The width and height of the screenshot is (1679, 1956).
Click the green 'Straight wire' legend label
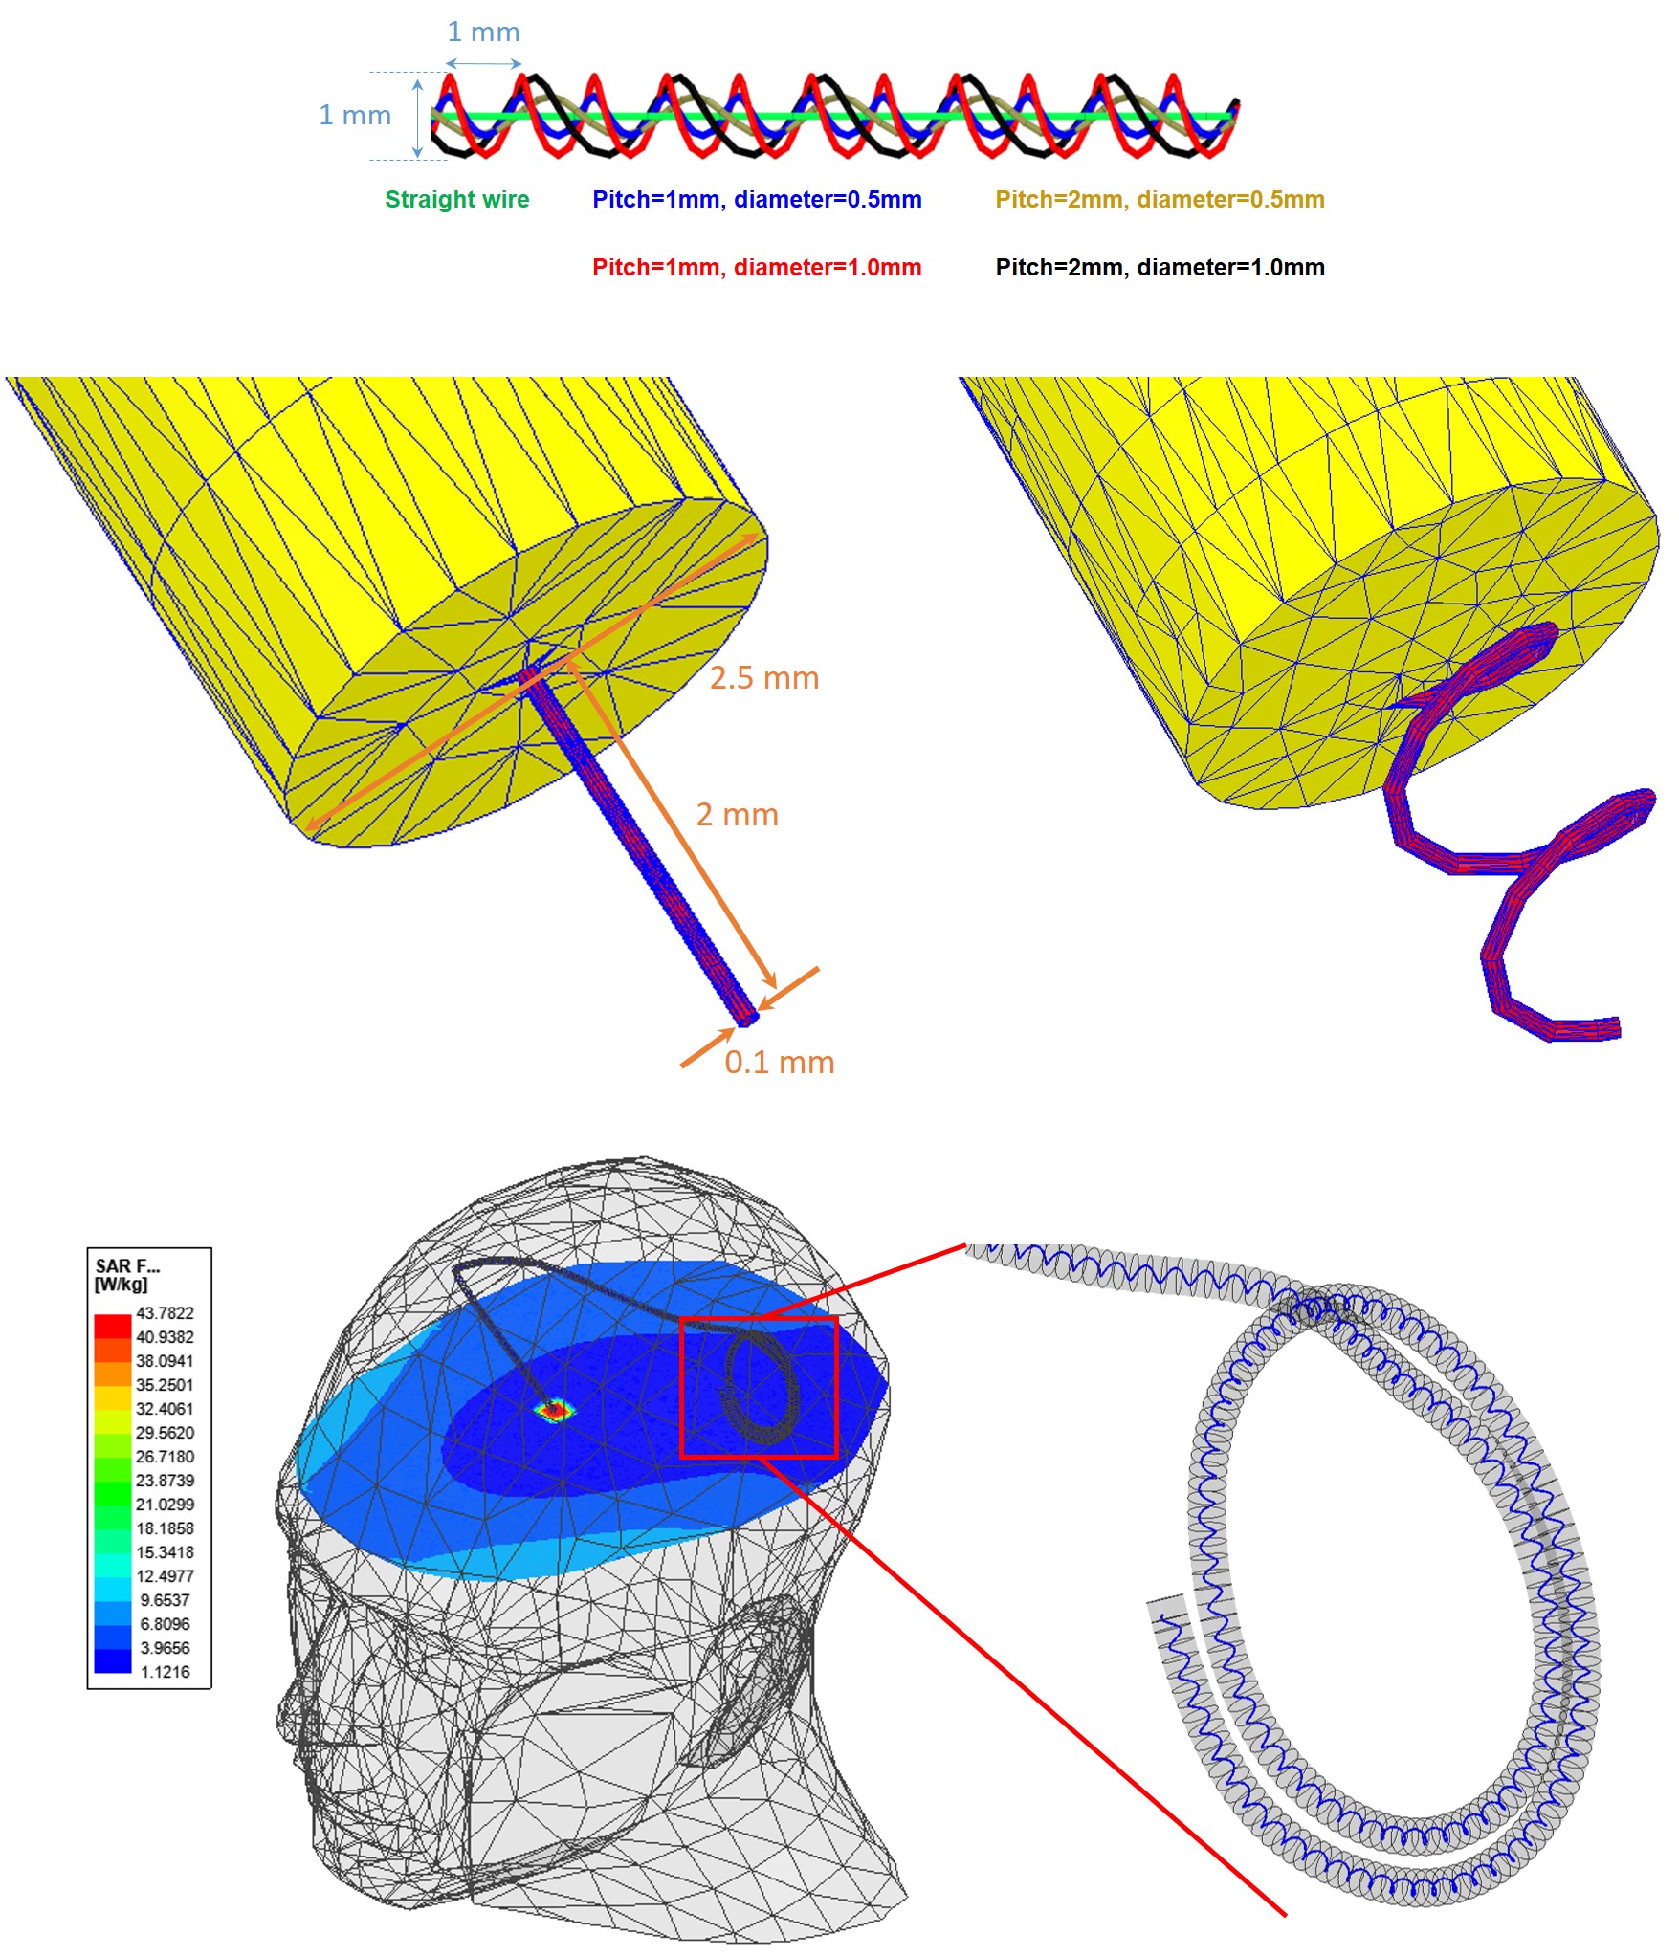[x=456, y=200]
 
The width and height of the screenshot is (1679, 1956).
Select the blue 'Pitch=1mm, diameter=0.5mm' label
[x=756, y=200]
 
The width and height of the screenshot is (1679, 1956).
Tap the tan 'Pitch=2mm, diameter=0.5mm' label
[x=1160, y=200]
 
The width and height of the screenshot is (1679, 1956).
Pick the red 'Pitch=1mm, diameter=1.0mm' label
[x=756, y=268]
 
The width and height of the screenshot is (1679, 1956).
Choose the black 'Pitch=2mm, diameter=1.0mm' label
[x=1160, y=268]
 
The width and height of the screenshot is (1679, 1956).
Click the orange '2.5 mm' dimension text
[x=763, y=678]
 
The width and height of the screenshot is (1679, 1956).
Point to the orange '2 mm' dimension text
[x=737, y=815]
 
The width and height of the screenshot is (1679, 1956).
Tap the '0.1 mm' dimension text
[x=779, y=1063]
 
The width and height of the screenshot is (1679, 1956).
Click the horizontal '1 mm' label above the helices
[x=483, y=33]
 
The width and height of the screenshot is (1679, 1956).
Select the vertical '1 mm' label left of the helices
[x=354, y=116]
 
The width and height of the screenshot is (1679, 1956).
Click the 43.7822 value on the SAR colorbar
[x=165, y=1313]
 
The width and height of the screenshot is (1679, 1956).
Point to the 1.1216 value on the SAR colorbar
[x=165, y=1672]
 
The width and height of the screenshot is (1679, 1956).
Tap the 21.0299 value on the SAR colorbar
[x=165, y=1505]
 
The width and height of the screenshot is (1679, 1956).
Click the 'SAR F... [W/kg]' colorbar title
[x=126, y=1275]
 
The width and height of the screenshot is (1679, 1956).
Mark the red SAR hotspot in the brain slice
[x=553, y=1409]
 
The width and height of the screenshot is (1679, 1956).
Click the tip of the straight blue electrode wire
[x=746, y=1020]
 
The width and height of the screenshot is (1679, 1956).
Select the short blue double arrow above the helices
[x=483, y=64]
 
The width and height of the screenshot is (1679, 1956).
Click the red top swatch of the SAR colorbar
[x=112, y=1326]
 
